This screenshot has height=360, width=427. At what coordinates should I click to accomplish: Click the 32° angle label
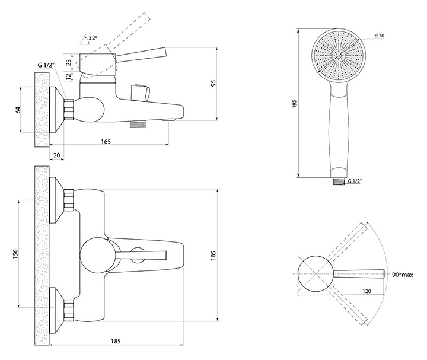[x=91, y=39]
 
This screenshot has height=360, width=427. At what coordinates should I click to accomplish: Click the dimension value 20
[x=56, y=155]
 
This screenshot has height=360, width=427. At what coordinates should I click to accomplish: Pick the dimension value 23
[x=69, y=62]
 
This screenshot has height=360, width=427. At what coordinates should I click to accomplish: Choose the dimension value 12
[x=69, y=76]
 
